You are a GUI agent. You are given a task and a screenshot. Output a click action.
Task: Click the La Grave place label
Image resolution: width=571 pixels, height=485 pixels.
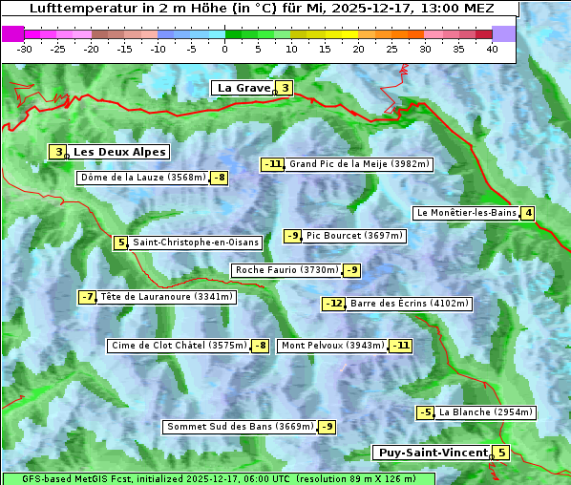(243, 88)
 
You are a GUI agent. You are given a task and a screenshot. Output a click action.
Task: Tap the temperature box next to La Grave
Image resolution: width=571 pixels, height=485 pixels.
(285, 89)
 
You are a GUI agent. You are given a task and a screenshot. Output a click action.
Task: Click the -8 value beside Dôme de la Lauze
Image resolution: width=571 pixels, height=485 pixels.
(220, 178)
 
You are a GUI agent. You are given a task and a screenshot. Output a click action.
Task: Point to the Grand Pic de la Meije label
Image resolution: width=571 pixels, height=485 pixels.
(359, 164)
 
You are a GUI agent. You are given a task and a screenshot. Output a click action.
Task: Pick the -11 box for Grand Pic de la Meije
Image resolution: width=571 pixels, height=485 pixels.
(273, 164)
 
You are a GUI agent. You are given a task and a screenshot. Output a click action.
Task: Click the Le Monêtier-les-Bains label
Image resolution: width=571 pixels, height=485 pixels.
(466, 213)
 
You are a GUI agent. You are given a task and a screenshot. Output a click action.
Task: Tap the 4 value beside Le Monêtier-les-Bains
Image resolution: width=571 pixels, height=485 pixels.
(527, 213)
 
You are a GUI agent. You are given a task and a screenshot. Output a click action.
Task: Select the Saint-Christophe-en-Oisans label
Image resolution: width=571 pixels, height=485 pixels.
(195, 242)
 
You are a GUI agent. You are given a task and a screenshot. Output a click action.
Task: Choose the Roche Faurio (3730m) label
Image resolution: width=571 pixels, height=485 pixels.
(286, 270)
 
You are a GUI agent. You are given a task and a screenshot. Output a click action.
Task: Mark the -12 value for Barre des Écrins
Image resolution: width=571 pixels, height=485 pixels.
(333, 304)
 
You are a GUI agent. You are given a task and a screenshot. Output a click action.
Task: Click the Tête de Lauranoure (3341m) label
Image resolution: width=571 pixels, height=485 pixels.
(166, 297)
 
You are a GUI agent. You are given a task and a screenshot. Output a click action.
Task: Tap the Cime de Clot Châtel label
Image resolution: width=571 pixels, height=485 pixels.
(179, 346)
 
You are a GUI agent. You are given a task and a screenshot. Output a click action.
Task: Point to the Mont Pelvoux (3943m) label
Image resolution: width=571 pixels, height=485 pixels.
(332, 346)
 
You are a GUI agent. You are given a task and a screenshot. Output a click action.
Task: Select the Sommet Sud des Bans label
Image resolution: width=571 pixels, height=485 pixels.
(240, 427)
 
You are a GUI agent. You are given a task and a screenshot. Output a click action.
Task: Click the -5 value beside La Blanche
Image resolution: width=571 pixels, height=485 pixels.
(426, 412)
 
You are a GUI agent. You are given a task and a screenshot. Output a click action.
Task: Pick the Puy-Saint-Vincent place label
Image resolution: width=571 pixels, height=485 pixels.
(432, 453)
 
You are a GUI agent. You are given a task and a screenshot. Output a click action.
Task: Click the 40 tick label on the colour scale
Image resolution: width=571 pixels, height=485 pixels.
(492, 49)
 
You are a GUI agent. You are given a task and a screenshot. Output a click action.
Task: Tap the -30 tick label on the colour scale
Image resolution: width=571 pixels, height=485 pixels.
(25, 49)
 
